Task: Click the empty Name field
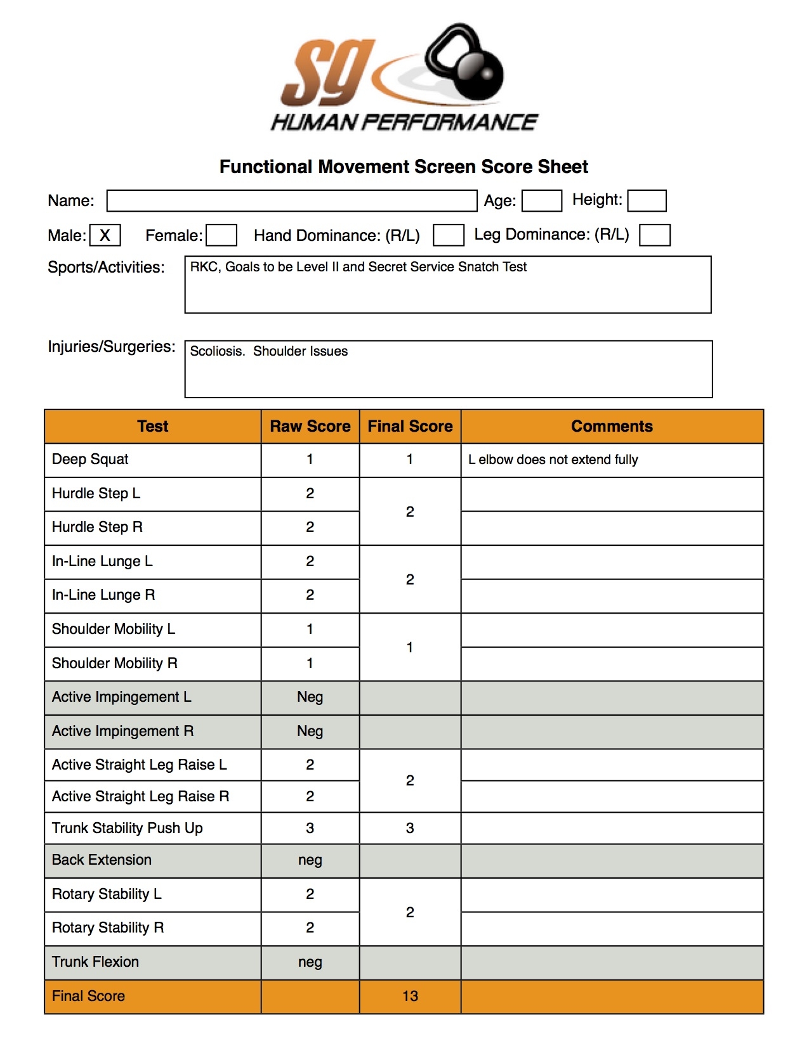[x=291, y=201]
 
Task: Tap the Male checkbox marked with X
[x=105, y=235]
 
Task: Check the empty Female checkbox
[x=221, y=235]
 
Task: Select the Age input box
[x=541, y=201]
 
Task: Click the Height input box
[x=646, y=200]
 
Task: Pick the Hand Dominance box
[x=448, y=235]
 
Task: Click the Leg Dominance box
[x=654, y=235]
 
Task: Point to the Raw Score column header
[x=310, y=426]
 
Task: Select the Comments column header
[x=611, y=426]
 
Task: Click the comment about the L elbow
[x=553, y=460]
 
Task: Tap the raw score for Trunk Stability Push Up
[x=310, y=828]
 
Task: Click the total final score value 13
[x=410, y=996]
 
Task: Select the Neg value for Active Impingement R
[x=310, y=731]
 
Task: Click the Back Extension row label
[x=102, y=860]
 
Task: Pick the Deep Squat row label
[x=90, y=459]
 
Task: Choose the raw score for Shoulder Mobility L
[x=310, y=629]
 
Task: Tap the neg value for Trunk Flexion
[x=310, y=962]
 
